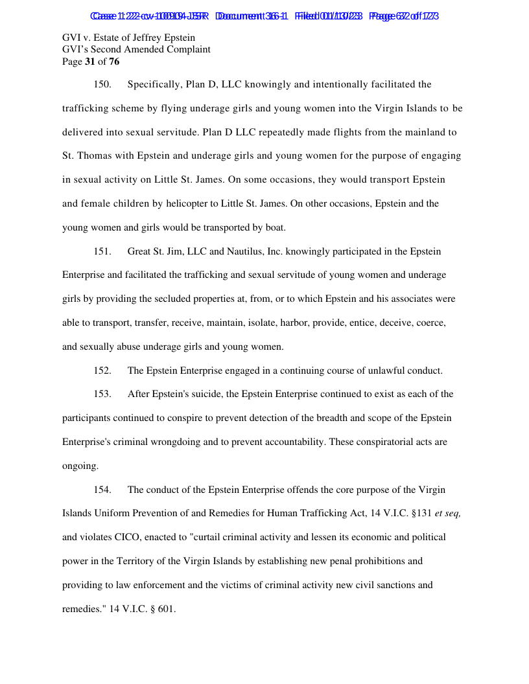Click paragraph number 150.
tap(102, 85)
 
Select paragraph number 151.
tap(102, 252)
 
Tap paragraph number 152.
tap(102, 371)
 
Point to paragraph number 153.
tap(102, 394)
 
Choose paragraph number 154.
tap(102, 490)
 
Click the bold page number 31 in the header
tap(90, 62)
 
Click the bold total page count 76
tap(114, 62)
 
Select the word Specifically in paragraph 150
tap(154, 85)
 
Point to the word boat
tap(276, 228)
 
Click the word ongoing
tap(80, 466)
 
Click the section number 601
tap(166, 610)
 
